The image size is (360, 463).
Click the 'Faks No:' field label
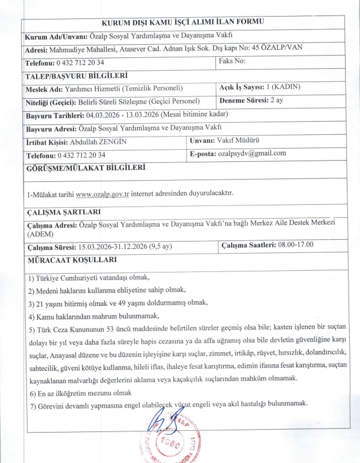(232, 61)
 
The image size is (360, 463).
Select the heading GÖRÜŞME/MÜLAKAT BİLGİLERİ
(85, 168)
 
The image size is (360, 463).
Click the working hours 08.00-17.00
(299, 245)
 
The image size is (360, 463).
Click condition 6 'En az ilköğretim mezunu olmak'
(80, 393)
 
